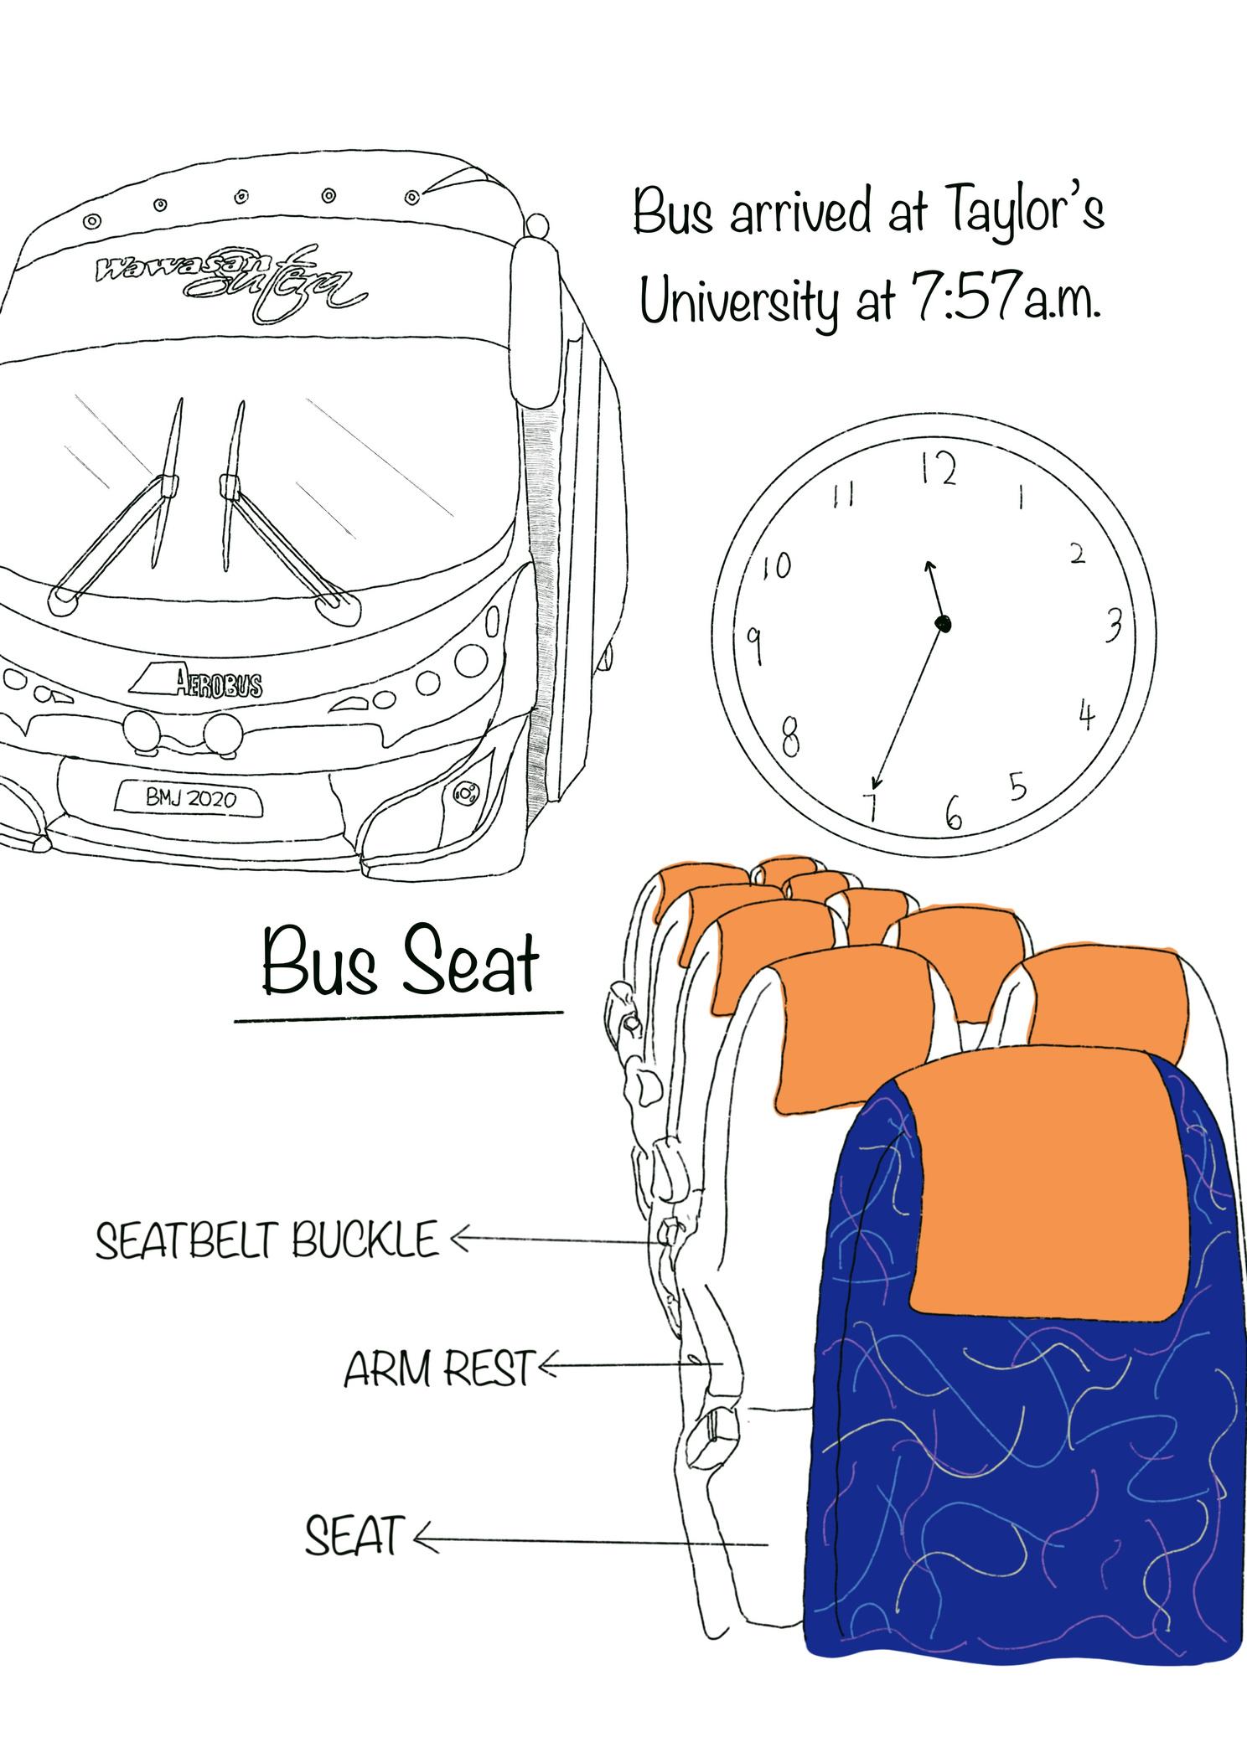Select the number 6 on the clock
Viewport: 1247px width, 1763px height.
[x=953, y=812]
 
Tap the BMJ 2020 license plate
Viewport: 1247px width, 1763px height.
[x=190, y=798]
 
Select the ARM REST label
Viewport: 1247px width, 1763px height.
[x=439, y=1369]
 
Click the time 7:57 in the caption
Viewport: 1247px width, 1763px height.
[x=960, y=297]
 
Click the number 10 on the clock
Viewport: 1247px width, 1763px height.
[x=776, y=567]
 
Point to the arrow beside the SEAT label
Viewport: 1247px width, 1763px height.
[x=587, y=1540]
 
